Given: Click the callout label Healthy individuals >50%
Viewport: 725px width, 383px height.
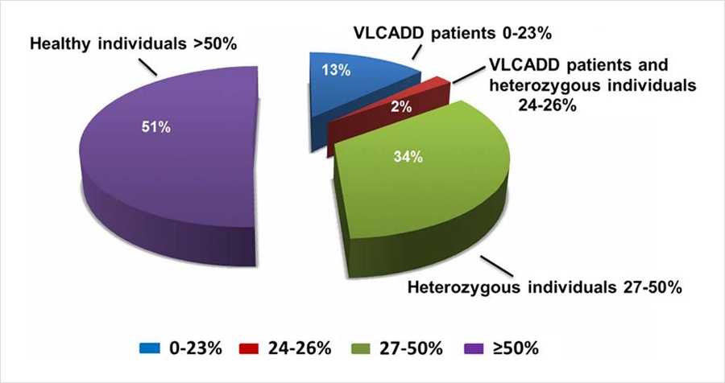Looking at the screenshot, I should click(133, 42).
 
